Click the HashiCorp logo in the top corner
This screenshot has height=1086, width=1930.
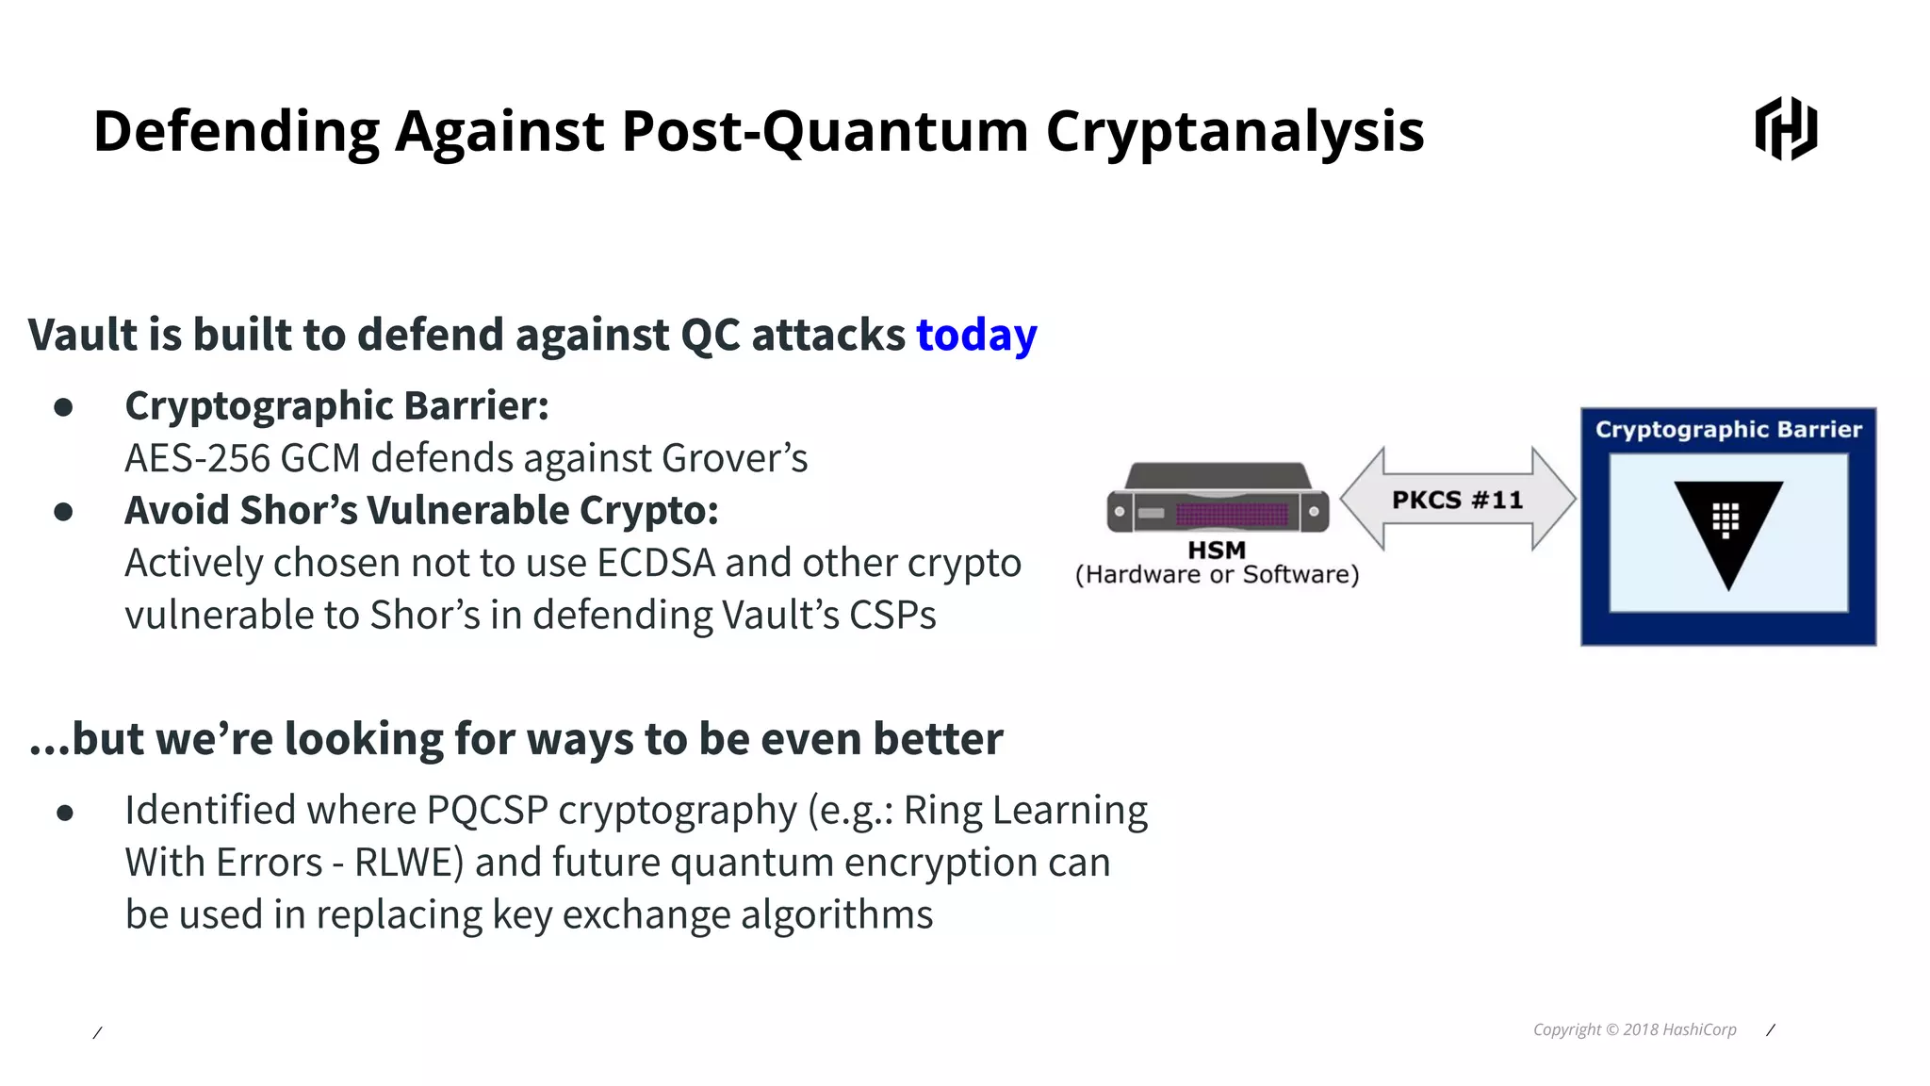coord(1786,128)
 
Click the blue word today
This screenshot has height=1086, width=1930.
coord(976,336)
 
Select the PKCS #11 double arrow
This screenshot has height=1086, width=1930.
coord(1457,499)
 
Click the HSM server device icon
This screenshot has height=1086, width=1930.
coord(1218,498)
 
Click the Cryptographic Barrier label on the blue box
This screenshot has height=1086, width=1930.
coord(1727,430)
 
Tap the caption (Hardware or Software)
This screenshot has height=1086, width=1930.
coord(1217,575)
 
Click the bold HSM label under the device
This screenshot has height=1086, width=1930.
coord(1217,550)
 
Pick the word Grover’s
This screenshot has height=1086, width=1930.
coord(734,459)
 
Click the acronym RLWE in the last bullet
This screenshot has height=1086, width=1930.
coord(403,864)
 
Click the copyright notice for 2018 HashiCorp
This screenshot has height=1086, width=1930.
coord(1634,1029)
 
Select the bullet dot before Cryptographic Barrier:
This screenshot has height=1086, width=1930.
coord(64,407)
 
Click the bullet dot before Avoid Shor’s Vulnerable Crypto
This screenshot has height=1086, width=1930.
coord(64,512)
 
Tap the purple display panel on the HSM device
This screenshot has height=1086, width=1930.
coord(1232,514)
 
